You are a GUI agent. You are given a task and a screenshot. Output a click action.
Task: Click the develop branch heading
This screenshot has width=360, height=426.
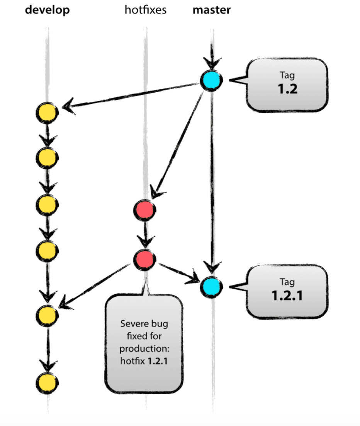pos(48,10)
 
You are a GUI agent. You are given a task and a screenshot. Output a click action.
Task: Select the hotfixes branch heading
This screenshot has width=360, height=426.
pos(146,10)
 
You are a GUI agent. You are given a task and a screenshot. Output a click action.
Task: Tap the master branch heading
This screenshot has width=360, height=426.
pos(212,10)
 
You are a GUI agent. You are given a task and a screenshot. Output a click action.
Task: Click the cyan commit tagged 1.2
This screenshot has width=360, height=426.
pos(211,80)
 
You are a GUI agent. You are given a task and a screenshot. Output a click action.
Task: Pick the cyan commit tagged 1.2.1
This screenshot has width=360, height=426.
pos(211,286)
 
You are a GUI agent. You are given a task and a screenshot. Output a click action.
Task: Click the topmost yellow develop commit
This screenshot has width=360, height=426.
pos(47,112)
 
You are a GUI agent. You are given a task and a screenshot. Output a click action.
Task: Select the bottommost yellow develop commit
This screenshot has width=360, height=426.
pos(47,382)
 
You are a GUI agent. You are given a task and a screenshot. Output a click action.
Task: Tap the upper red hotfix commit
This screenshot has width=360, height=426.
pos(145,210)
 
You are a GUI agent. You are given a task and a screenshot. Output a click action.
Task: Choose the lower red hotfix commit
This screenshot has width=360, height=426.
pos(145,259)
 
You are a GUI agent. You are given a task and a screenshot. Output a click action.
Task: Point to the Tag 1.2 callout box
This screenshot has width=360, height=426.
pos(287,85)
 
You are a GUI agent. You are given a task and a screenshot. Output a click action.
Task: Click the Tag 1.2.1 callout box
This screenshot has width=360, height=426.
pos(287,291)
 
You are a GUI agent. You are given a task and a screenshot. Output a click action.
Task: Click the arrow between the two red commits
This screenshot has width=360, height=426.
pos(145,235)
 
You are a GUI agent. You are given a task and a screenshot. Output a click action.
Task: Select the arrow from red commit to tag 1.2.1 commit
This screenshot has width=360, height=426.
pos(178,272)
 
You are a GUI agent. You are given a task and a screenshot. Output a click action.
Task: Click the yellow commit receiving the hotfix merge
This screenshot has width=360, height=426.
pos(47,315)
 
